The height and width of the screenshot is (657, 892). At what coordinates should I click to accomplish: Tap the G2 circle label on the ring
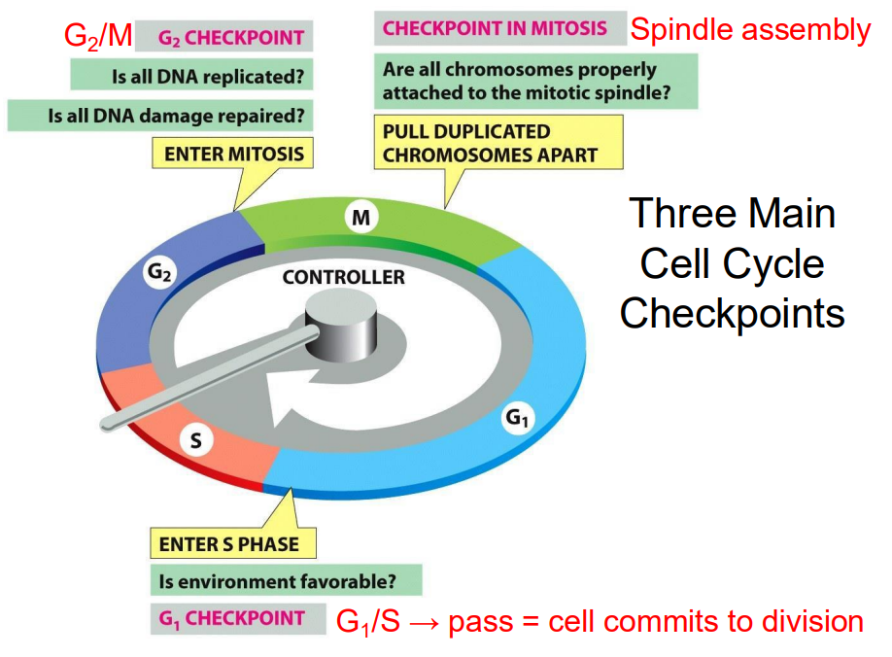pos(158,274)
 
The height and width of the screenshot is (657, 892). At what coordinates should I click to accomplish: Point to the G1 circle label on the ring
pos(516,419)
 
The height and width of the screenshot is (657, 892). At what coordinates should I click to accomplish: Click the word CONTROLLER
pos(344,278)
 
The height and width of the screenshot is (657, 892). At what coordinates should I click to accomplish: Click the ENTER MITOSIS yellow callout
pos(234,154)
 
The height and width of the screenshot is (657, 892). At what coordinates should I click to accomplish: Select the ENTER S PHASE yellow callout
pos(233,543)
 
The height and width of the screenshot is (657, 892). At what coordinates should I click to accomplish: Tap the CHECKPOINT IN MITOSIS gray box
pos(496,28)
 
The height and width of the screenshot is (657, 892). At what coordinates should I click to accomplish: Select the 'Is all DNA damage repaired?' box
pos(160,115)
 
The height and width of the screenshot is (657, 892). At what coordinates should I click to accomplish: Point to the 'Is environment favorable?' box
pos(286,581)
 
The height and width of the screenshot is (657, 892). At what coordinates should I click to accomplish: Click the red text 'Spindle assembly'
pos(750,30)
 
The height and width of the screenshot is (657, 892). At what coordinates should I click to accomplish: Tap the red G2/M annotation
pos(97,37)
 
